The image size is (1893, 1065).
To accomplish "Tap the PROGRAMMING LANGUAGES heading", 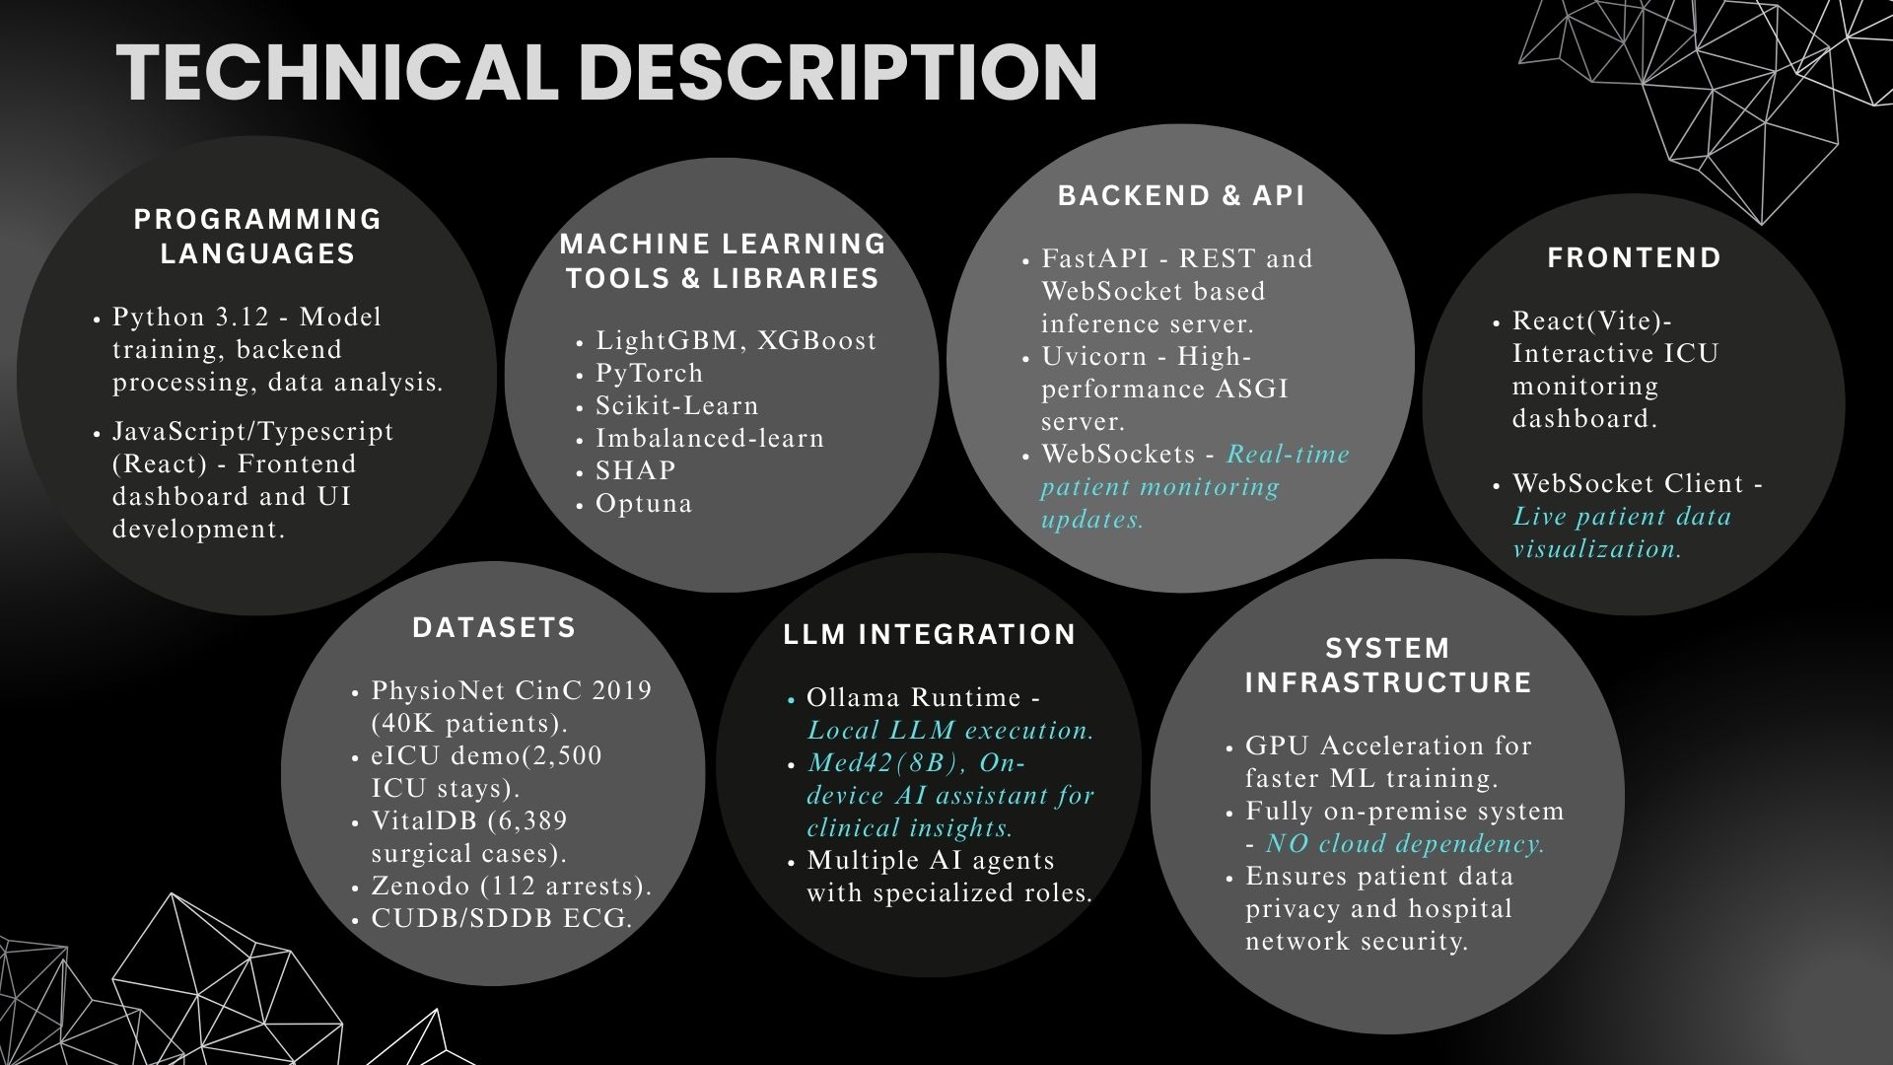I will [x=257, y=237].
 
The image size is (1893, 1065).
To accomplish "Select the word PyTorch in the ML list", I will [x=649, y=374].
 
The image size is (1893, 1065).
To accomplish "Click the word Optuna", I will [x=644, y=504].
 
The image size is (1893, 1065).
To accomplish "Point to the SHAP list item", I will [x=636, y=471].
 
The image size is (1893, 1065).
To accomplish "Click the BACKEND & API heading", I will [x=1181, y=196].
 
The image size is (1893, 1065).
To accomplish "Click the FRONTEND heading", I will [x=1634, y=258].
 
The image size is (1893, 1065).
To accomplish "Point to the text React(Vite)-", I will [x=1592, y=321].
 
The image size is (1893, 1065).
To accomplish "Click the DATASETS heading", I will [x=494, y=628].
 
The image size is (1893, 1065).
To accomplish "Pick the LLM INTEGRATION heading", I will [x=929, y=635].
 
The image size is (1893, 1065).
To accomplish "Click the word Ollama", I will [x=854, y=698].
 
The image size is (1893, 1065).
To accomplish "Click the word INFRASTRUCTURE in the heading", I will [x=1388, y=683].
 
